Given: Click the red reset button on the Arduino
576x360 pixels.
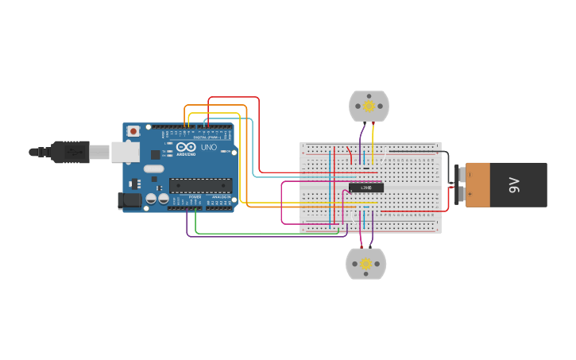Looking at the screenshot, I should [x=133, y=130].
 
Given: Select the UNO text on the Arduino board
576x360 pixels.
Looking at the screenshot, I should [x=208, y=148].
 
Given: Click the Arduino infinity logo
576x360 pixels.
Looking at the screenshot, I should [x=186, y=148].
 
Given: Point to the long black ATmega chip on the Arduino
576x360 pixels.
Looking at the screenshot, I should [x=200, y=185].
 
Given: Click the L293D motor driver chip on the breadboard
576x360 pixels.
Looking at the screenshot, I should [x=366, y=188].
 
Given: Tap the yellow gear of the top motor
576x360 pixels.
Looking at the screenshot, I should [x=369, y=106].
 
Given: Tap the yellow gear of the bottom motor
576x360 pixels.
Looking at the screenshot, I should [x=365, y=264].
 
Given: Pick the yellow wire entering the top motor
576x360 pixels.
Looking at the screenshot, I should [x=373, y=135].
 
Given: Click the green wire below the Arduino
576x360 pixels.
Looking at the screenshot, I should [x=262, y=233].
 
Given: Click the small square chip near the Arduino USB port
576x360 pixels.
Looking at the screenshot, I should [x=155, y=155].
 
